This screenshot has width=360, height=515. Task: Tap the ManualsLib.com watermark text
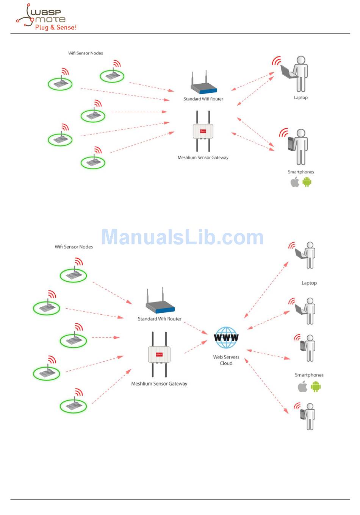point(182,237)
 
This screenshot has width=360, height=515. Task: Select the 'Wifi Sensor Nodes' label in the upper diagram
point(85,53)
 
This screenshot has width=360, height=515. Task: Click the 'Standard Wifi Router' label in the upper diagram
point(203,99)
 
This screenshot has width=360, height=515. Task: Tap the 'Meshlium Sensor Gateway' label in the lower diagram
point(159,384)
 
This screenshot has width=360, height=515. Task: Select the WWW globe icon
point(226,337)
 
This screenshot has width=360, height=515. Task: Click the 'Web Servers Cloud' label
point(226,360)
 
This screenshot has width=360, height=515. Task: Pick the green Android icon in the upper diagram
point(307,182)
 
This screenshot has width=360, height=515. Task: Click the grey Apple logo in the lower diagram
point(302,387)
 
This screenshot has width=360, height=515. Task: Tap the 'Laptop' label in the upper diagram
point(301,98)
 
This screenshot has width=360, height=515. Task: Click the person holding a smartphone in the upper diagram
point(299,147)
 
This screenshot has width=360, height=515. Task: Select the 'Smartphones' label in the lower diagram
point(309,375)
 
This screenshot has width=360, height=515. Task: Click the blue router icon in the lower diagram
point(160,303)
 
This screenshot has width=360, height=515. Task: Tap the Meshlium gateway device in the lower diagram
point(159,354)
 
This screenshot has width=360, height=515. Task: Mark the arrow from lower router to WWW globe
point(196,328)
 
